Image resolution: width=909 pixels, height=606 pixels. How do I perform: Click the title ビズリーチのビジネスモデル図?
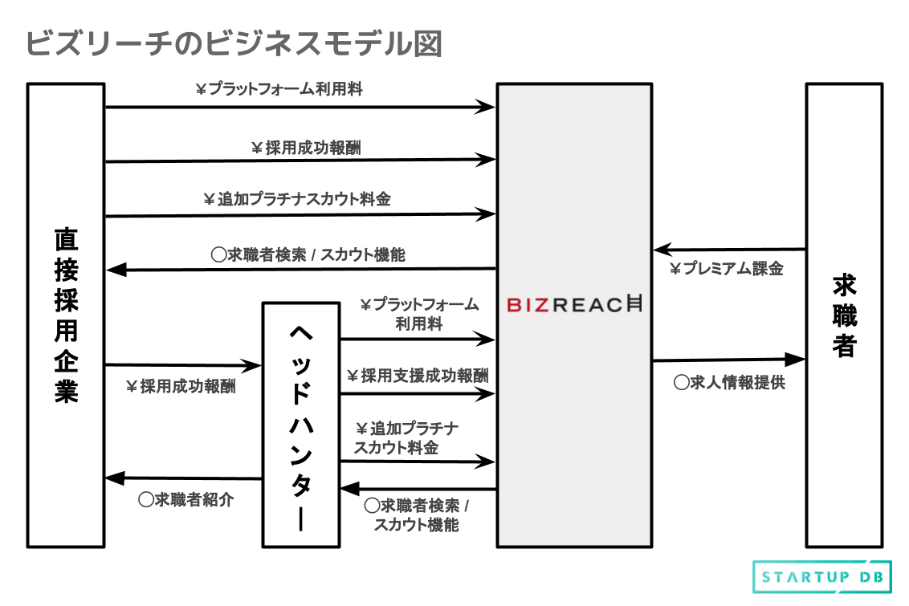pyautogui.click(x=234, y=44)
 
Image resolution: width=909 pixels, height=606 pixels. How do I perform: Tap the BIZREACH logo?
pyautogui.click(x=575, y=305)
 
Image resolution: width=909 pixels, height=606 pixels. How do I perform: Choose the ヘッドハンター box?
pyautogui.click(x=300, y=425)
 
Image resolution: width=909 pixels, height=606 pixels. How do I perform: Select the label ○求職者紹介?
pyautogui.click(x=185, y=499)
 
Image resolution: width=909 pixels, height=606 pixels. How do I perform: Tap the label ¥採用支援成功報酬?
pyautogui.click(x=417, y=376)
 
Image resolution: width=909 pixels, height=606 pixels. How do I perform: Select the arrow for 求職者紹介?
pyautogui.click(x=184, y=478)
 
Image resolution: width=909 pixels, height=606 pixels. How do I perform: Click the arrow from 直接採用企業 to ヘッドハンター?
pyautogui.click(x=184, y=366)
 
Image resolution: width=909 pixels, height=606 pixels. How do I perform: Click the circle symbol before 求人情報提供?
pyautogui.click(x=681, y=383)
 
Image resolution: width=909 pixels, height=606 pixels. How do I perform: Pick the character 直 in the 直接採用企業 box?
pyautogui.click(x=66, y=239)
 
